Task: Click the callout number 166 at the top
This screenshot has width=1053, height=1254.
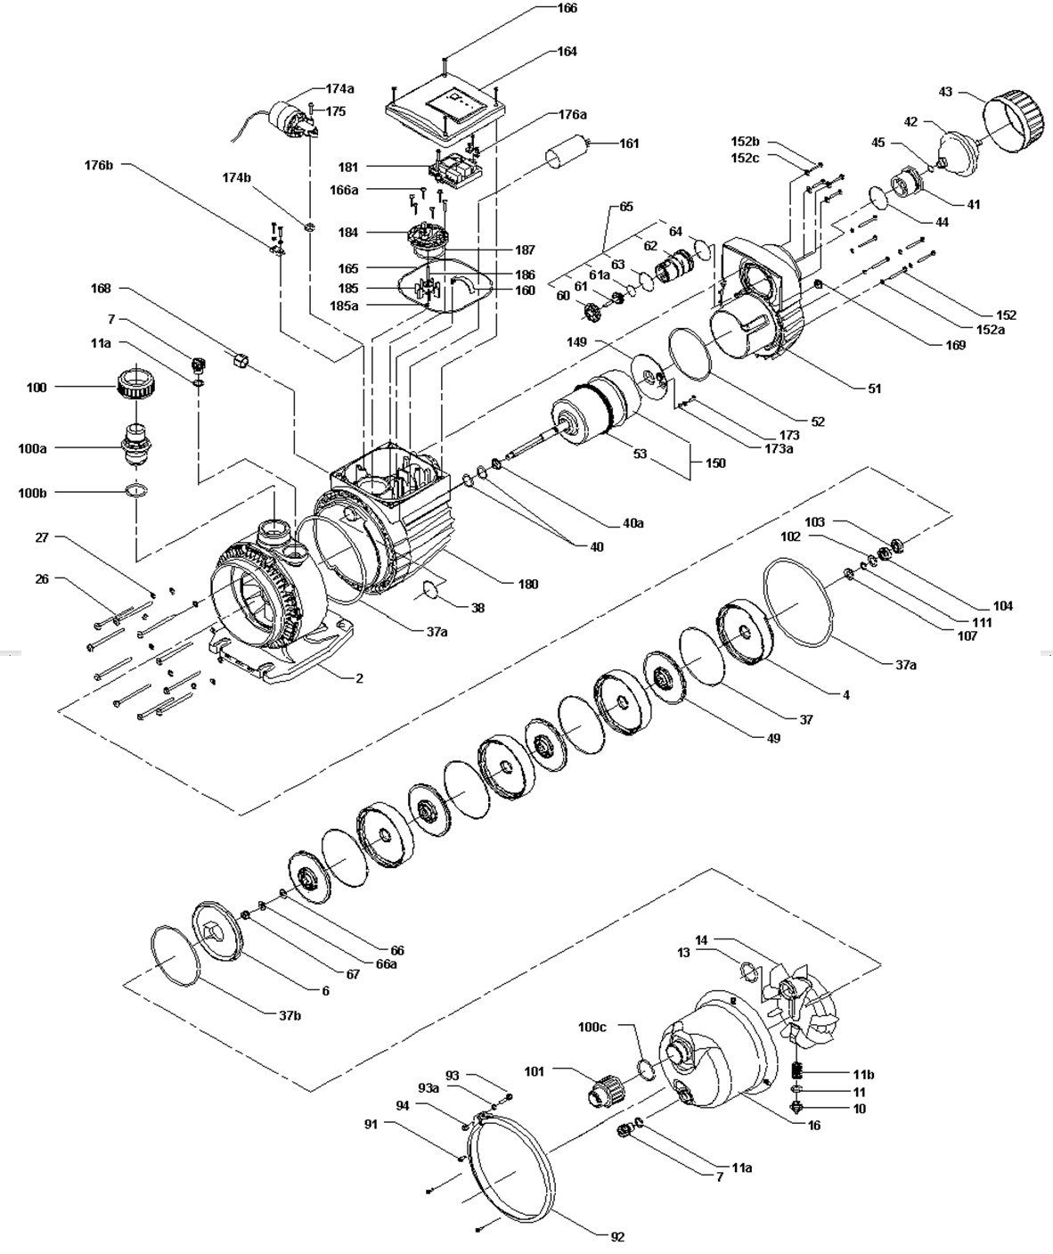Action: pos(567,8)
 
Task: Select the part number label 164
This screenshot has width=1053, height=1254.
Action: pos(567,51)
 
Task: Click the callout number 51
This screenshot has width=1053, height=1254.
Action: pos(874,389)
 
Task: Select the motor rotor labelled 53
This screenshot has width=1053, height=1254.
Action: pos(597,407)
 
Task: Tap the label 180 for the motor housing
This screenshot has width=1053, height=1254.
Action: pos(528,584)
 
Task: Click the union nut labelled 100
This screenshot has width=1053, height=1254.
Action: pos(133,384)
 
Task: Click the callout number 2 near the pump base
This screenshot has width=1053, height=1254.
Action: pos(359,678)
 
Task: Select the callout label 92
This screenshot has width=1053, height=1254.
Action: pos(617,1236)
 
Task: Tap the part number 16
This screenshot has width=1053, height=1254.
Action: pos(813,1125)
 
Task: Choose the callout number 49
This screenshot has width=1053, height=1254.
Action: pos(773,738)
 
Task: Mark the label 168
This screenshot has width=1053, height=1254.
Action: pos(101,289)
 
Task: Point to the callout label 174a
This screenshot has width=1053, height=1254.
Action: pos(339,89)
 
